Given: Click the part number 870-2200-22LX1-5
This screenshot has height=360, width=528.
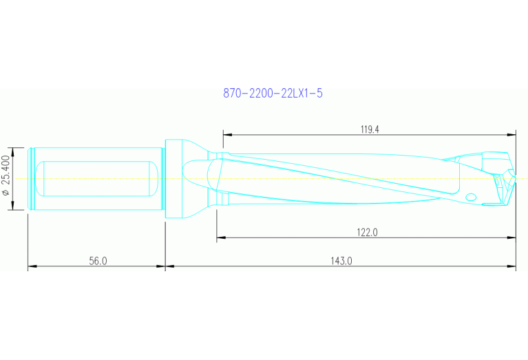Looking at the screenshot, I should point(273,94).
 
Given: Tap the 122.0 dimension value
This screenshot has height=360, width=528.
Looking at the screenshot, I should point(367,233).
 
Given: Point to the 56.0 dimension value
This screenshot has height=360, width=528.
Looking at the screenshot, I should point(98,261).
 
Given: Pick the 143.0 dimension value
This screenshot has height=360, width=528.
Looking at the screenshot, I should point(341,261).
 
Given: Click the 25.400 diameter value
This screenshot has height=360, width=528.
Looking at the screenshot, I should point(7,173).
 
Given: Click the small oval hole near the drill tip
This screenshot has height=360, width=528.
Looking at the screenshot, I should point(471,198).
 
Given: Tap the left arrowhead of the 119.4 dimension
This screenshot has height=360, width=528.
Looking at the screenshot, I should point(226,134).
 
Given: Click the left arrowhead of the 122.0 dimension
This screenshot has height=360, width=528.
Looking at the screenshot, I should point(220,238).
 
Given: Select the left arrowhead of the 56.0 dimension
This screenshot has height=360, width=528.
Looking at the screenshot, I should point(31,266).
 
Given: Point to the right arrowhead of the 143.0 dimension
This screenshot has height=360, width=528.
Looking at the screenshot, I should point(513,266).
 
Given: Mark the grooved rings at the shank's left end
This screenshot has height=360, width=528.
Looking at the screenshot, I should point(31,179).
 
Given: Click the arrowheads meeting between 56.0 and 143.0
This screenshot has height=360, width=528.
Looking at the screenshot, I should point(166,266).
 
